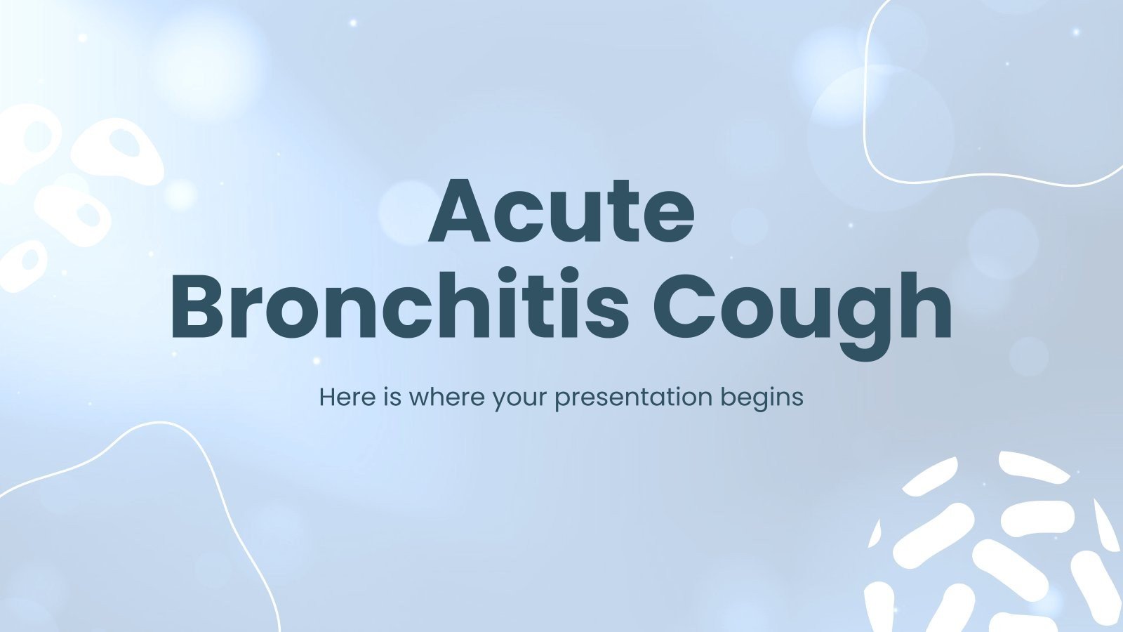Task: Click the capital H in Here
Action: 327,397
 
